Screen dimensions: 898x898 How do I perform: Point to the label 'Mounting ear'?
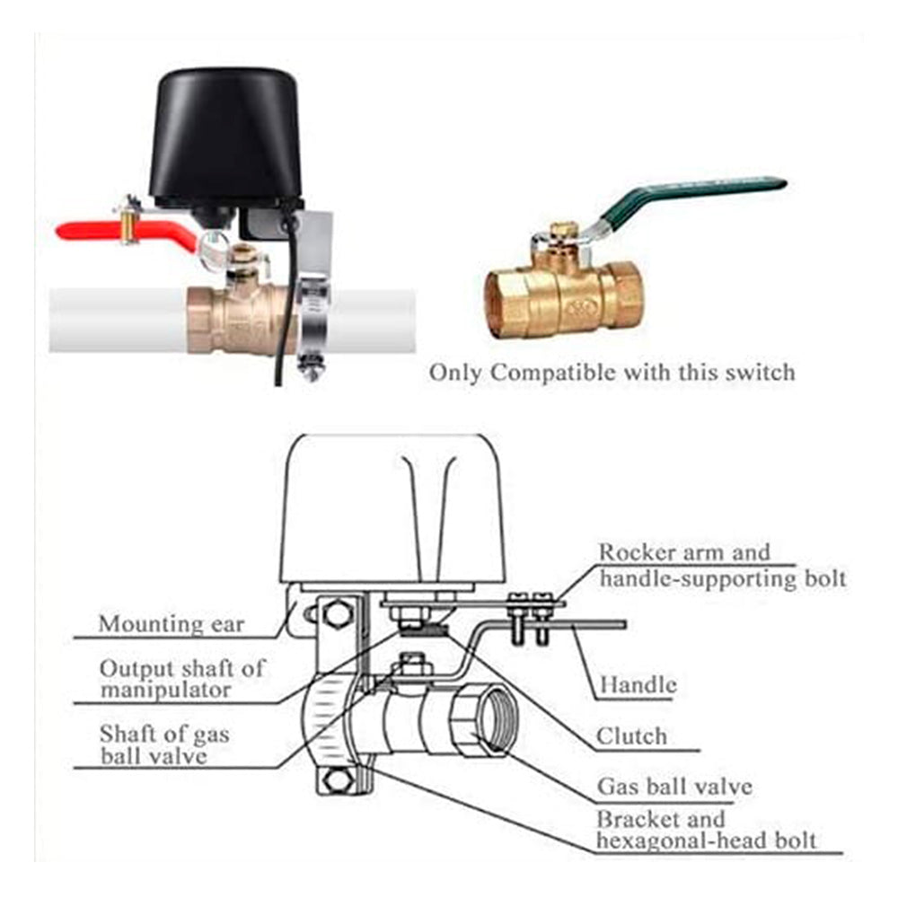171,623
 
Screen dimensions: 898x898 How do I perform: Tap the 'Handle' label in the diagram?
638,685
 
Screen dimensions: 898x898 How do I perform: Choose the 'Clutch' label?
632,737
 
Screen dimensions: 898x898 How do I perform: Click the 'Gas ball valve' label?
674,788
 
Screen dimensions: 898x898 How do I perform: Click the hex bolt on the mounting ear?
336,614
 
